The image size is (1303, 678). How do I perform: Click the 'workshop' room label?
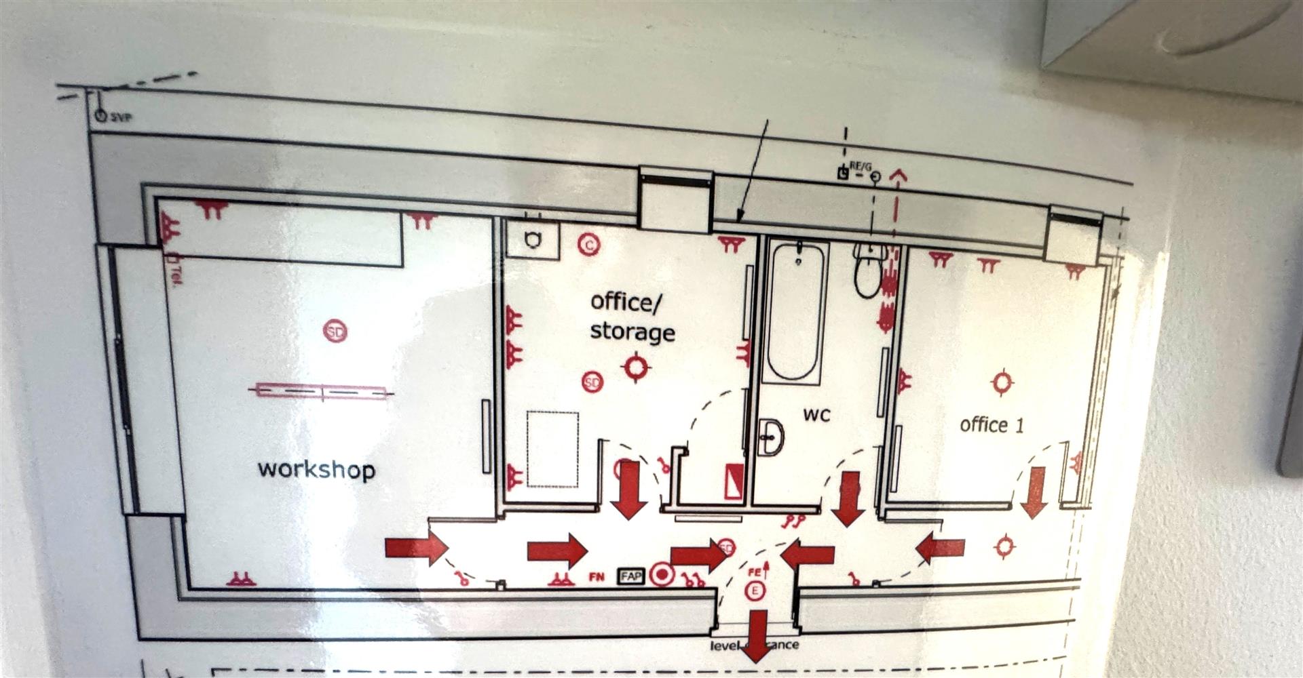pos(316,469)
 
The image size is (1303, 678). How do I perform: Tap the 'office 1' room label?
pos(992,425)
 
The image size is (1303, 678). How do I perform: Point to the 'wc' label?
pos(816,414)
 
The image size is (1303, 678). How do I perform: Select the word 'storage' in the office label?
pos(632,332)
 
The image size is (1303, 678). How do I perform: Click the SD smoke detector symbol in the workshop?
pos(335,331)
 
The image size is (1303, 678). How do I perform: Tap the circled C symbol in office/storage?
pos(588,244)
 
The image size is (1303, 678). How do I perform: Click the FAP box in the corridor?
pos(630,576)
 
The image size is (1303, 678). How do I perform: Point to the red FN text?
pos(596,577)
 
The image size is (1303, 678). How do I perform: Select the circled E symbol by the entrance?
pos(754,591)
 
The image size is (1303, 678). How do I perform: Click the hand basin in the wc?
pos(770,437)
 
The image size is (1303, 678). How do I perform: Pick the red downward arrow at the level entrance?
pos(757,635)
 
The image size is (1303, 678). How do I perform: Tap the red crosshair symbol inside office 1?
pos(1002,383)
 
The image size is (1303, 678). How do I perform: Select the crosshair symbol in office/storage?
pos(636,367)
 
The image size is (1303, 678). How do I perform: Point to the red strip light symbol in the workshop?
pos(322,391)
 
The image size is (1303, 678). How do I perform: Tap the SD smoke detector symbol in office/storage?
pos(592,382)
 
